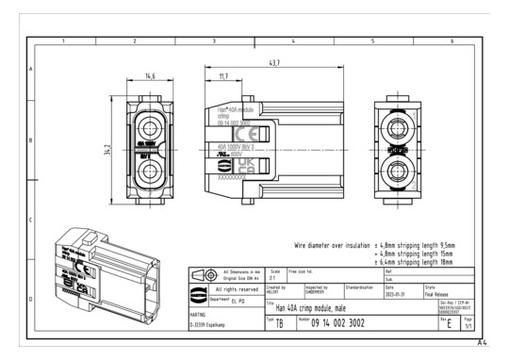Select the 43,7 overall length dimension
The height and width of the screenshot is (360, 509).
(273, 62)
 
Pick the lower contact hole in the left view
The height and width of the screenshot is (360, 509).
(150, 172)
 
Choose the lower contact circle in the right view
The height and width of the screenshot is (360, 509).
(400, 172)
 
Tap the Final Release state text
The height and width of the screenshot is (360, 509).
(444, 293)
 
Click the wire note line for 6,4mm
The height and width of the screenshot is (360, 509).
(415, 261)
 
